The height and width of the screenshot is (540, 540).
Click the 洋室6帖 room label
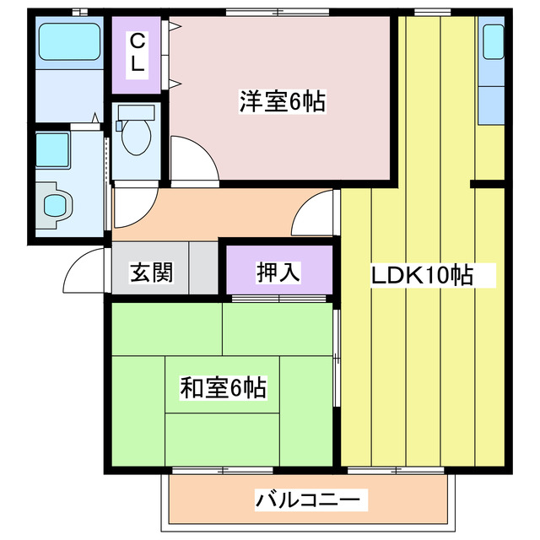282,102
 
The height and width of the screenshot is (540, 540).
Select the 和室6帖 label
223,387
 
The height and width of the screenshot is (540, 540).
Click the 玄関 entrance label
151,273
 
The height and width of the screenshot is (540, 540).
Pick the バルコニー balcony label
312,500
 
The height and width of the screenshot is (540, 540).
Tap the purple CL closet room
136,52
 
